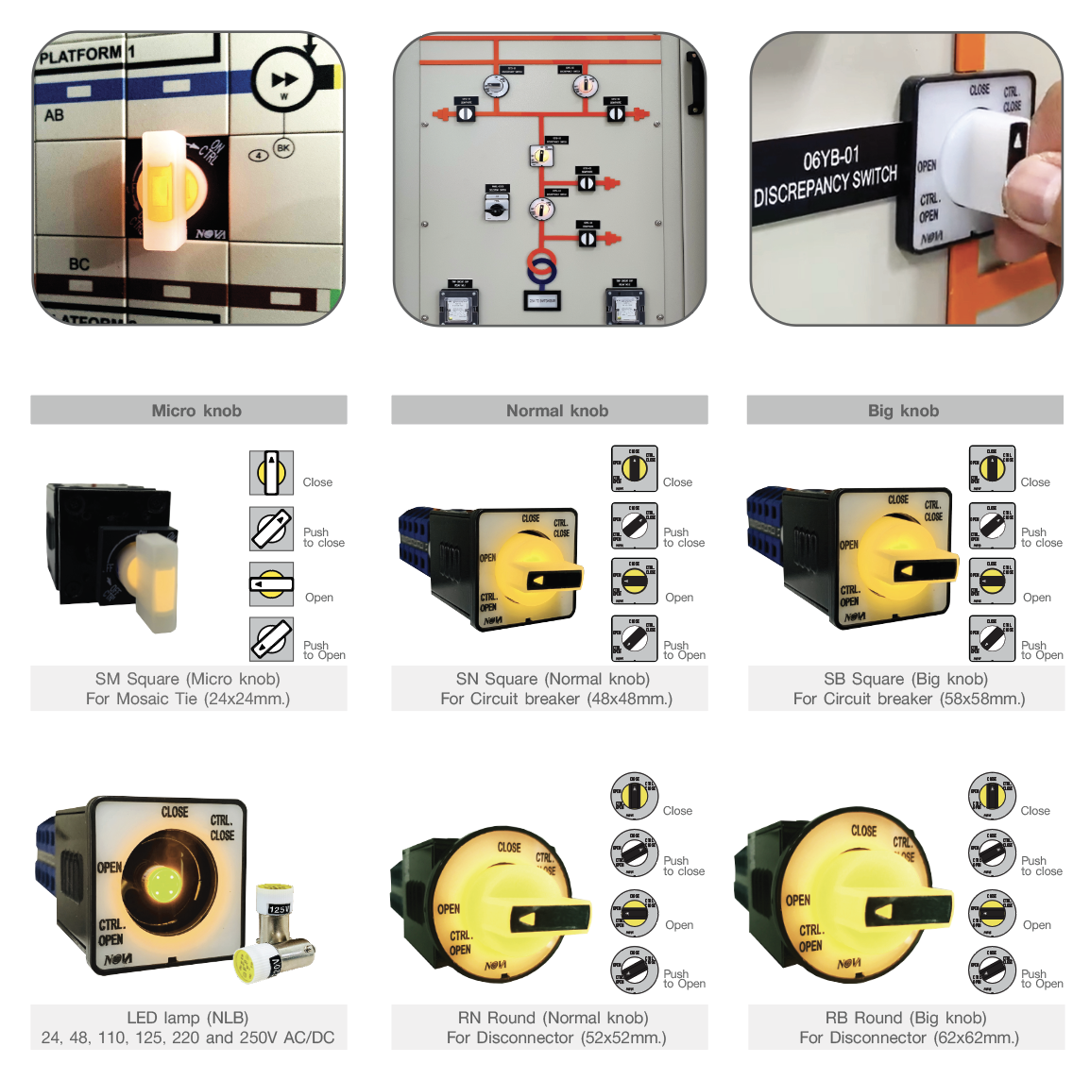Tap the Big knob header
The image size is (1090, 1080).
point(904,411)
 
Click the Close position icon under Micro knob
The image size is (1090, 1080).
point(272,473)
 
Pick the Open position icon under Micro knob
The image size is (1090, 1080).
point(272,584)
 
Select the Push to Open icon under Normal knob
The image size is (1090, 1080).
point(634,639)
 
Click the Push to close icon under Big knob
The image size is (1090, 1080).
point(992,527)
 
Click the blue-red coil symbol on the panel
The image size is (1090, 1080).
point(540,268)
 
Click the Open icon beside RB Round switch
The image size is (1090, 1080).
point(992,914)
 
